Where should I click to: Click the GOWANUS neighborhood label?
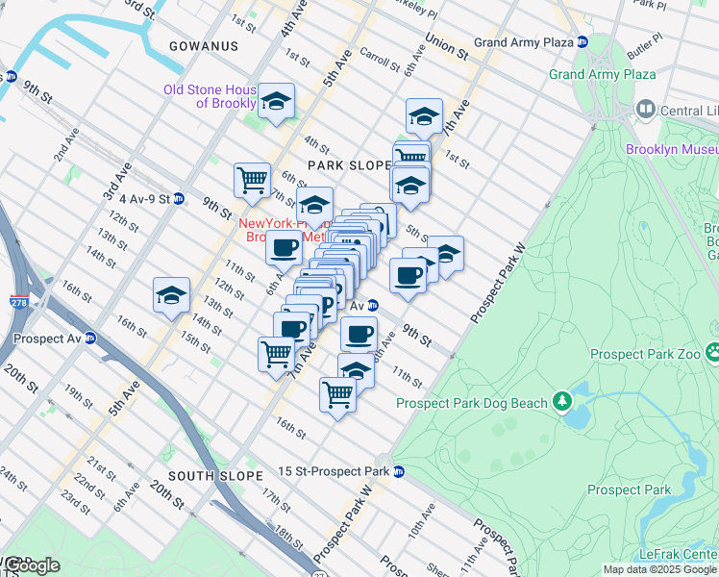coord(203,46)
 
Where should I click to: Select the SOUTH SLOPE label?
coord(215,476)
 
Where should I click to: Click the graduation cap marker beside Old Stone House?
coord(276,102)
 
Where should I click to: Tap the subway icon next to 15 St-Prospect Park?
coord(398,471)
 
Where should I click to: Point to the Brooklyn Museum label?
coord(672,149)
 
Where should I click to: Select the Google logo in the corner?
coord(31,565)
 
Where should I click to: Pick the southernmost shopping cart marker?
coord(337,393)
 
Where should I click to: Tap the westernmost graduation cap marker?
coord(171,294)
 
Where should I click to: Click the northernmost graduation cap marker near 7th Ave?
coord(424,116)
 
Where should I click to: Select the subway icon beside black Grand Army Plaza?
coord(583,42)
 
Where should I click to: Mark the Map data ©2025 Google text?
coord(658,569)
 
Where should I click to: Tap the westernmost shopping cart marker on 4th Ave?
coord(252,179)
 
